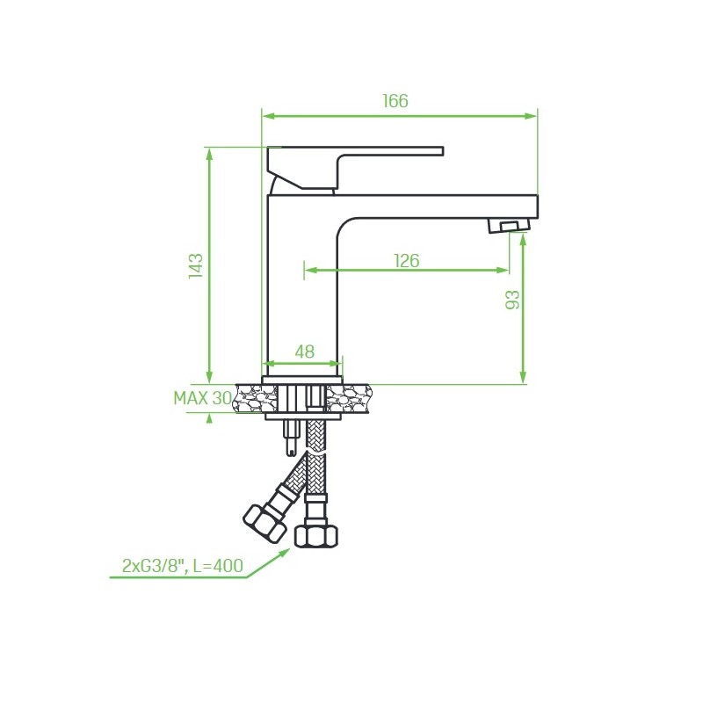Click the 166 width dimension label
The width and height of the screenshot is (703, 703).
click(x=395, y=101)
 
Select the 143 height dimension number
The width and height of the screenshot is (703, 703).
click(x=196, y=266)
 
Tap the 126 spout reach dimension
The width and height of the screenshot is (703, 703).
click(x=407, y=260)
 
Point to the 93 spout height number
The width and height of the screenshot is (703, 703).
click(x=512, y=300)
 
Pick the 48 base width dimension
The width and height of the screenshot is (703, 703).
click(x=304, y=351)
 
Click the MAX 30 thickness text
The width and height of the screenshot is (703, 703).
click(x=203, y=398)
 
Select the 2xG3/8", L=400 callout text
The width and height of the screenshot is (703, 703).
click(x=183, y=565)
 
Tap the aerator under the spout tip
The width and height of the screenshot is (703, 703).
click(x=509, y=225)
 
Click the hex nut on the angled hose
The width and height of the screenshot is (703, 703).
click(x=265, y=522)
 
